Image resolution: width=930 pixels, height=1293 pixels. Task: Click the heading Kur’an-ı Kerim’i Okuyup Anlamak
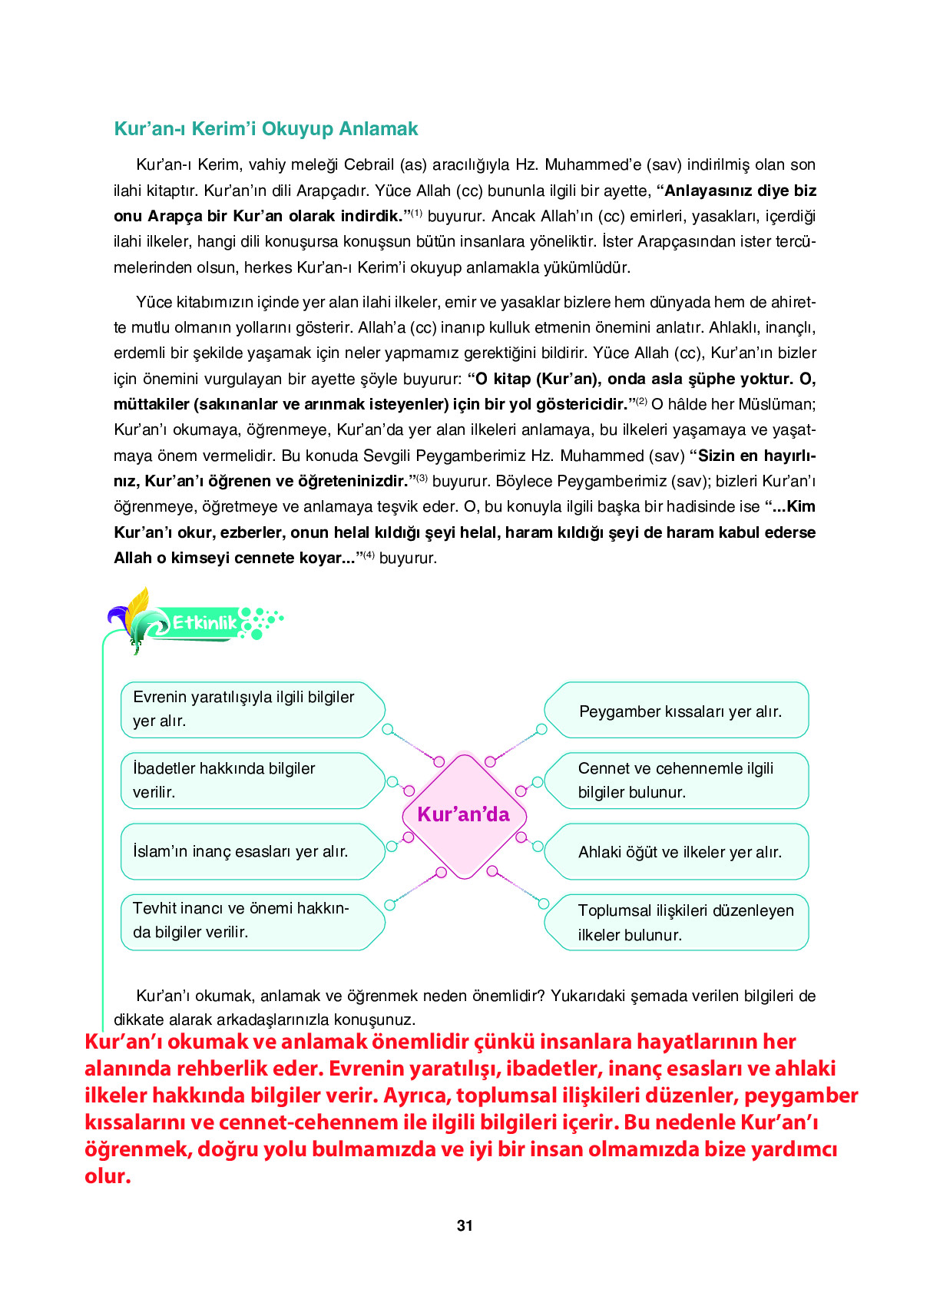pyautogui.click(x=266, y=128)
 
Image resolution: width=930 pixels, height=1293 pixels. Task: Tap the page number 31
pyautogui.click(x=465, y=1225)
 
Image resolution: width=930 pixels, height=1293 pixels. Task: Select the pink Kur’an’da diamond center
pyautogui.click(x=464, y=814)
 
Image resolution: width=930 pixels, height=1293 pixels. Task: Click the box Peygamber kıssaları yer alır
pyautogui.click(x=680, y=711)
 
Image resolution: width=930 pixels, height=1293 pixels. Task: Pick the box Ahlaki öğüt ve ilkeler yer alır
pyautogui.click(x=680, y=852)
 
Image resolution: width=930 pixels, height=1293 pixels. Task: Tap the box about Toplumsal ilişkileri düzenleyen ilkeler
pyautogui.click(x=680, y=922)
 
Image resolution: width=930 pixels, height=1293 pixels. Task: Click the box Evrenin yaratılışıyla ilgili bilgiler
pyautogui.click(x=246, y=708)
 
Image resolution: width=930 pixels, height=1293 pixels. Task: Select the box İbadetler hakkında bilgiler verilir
pyautogui.click(x=246, y=780)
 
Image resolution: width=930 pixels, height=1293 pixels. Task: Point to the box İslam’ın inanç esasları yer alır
pyautogui.click(x=246, y=851)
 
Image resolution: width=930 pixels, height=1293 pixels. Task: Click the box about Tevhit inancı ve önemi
pyautogui.click(x=246, y=920)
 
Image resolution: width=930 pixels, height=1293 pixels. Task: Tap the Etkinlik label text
pyautogui.click(x=204, y=622)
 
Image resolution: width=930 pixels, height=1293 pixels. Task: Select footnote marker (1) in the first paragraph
pyautogui.click(x=416, y=213)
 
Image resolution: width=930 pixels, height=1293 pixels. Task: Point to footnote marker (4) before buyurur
pyautogui.click(x=369, y=555)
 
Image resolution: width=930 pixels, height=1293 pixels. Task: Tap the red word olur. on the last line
pyautogui.click(x=108, y=1176)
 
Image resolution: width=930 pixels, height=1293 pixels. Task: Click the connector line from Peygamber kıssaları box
pyautogui.click(x=515, y=745)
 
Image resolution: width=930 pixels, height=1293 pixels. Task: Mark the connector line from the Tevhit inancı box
pyautogui.click(x=415, y=888)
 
